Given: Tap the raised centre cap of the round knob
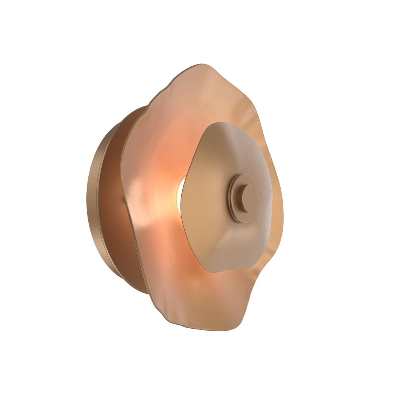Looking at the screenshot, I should pos(249,197).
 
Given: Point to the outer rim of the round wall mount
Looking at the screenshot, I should pos(92,198).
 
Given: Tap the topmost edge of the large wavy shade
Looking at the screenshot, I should pos(202,65).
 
